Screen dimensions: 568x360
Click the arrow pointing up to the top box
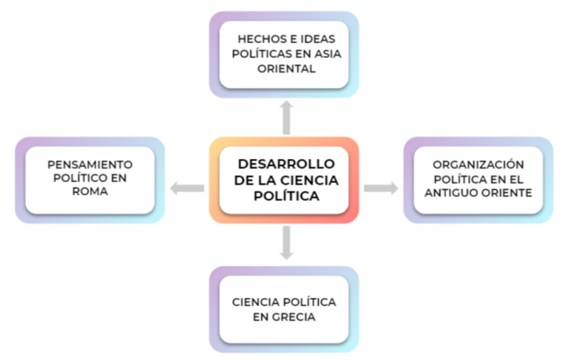286,118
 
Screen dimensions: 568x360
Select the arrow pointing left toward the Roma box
187,188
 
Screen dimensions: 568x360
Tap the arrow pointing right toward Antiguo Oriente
381,188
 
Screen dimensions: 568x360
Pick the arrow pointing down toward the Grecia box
286,243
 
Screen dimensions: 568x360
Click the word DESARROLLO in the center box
286,164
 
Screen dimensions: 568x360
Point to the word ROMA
90,191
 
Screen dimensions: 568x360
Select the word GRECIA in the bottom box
294,317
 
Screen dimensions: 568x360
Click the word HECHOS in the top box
259,39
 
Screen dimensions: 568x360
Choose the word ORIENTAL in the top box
286,69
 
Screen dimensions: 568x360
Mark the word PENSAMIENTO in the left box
90,165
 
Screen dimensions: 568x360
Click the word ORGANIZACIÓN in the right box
479,164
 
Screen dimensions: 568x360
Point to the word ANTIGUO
450,193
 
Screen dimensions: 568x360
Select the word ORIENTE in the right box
505,193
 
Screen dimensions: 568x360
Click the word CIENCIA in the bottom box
256,302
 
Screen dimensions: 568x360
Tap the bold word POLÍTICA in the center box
286,196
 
